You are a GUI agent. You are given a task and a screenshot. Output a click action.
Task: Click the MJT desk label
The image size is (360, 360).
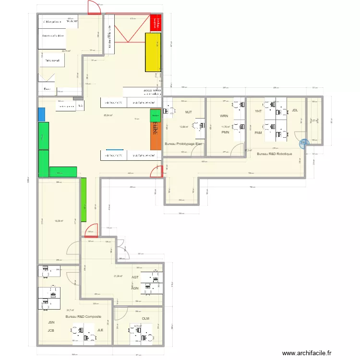(x=188, y=113)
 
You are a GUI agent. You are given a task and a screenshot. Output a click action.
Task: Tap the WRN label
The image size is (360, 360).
(x=224, y=116)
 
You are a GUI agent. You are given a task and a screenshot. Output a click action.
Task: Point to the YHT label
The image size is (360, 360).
(x=258, y=111)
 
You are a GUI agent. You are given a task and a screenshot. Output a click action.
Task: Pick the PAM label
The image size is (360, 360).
(x=258, y=132)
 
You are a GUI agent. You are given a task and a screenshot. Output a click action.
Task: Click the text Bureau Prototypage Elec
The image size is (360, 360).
(x=184, y=144)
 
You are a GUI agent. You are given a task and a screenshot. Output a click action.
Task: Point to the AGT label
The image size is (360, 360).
(x=135, y=277)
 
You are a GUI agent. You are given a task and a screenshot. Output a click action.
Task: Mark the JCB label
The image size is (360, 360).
(x=51, y=330)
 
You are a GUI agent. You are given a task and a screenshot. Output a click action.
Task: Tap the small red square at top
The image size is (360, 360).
(x=156, y=23)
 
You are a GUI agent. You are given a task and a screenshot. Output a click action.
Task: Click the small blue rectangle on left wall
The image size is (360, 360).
(x=41, y=114)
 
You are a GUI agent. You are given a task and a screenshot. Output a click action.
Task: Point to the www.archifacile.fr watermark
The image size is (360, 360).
(x=307, y=353)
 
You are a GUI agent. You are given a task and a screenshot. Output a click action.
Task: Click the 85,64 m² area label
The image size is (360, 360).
(x=108, y=115)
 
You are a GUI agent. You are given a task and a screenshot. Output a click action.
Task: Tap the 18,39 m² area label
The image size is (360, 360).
(x=59, y=221)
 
